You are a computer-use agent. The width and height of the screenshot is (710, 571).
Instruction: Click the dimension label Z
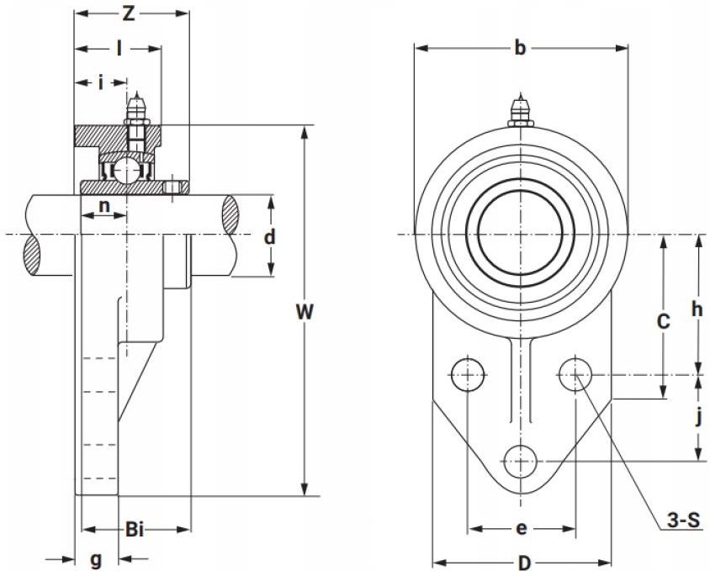click(x=129, y=13)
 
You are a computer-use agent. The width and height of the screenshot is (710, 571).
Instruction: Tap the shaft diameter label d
click(x=270, y=236)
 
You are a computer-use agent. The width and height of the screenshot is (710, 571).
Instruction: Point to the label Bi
click(x=135, y=529)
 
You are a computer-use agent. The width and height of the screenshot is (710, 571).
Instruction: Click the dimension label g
click(x=96, y=561)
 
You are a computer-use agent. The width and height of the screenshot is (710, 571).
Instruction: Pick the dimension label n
click(x=104, y=206)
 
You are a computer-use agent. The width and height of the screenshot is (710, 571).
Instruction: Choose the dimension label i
click(x=101, y=82)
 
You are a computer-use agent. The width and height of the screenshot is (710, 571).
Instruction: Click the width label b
click(x=520, y=47)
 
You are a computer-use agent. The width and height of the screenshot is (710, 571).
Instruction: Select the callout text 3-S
click(x=684, y=521)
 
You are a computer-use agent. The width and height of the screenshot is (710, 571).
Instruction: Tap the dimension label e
click(x=522, y=528)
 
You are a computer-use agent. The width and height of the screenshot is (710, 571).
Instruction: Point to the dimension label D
click(x=524, y=563)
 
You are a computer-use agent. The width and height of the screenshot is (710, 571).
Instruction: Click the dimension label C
click(x=664, y=321)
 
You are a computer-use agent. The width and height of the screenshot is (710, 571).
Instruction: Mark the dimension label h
click(x=697, y=309)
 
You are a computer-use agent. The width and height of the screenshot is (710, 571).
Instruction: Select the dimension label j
click(x=699, y=417)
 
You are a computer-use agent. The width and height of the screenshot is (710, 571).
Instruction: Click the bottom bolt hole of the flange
click(x=521, y=462)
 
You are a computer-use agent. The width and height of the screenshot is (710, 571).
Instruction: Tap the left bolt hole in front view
click(x=467, y=374)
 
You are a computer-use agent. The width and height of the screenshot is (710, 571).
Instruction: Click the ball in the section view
click(x=127, y=172)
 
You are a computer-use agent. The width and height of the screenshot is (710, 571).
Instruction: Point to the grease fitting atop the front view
click(x=520, y=111)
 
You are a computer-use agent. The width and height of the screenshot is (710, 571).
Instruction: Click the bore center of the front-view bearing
click(x=521, y=234)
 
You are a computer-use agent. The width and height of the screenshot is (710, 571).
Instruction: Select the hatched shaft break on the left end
click(x=33, y=255)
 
